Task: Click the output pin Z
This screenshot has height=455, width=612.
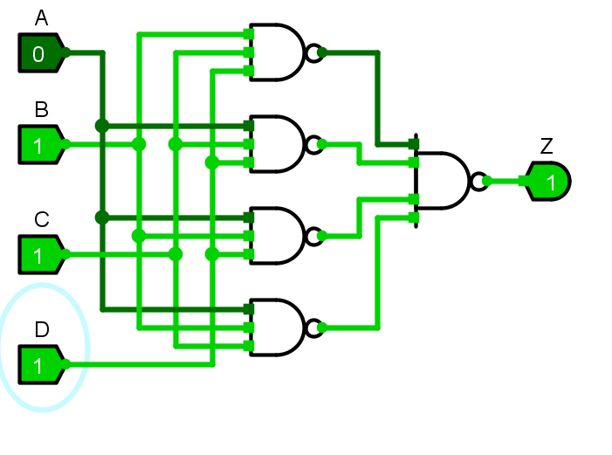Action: pos(548,182)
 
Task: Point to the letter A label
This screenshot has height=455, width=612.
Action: pos(41,18)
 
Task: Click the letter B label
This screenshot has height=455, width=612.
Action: pos(41,110)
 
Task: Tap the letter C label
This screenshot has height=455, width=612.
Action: pos(41,220)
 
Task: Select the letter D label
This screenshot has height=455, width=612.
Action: pos(41,329)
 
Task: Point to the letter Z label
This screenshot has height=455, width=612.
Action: pos(547,146)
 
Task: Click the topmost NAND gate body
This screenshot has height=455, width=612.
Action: pos(278,53)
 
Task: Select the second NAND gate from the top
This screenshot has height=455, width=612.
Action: pos(278,145)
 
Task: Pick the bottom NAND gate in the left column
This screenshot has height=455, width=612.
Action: pos(278,328)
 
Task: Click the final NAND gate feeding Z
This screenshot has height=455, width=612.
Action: pos(442,182)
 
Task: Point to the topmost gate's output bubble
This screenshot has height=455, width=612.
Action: pos(313,53)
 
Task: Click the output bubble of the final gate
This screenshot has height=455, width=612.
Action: pos(477,182)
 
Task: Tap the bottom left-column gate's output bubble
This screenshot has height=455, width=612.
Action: pos(313,328)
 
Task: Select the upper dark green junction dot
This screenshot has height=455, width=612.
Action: pos(102,126)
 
